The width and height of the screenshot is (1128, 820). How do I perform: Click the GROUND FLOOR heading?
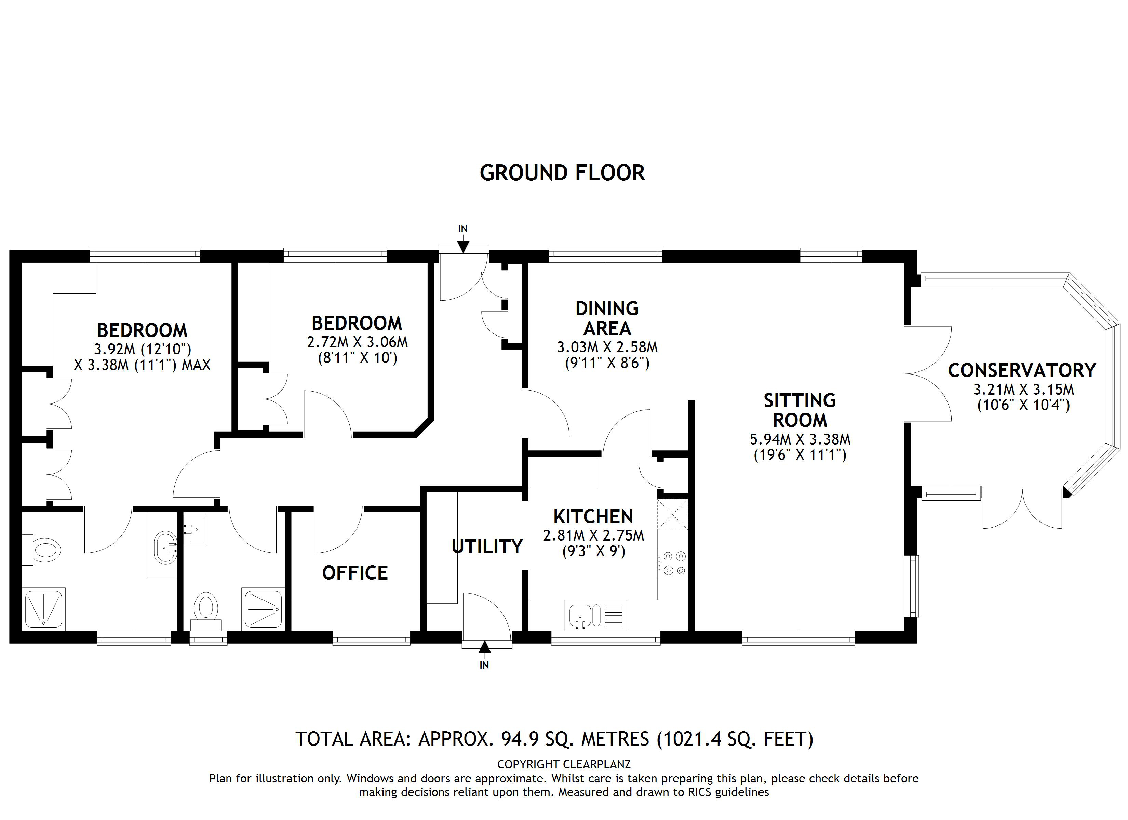point(562,173)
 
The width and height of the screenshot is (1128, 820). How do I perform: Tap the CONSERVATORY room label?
point(1022,370)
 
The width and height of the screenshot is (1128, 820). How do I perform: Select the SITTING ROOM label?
point(800,410)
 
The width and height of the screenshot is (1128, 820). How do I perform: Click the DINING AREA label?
point(607,318)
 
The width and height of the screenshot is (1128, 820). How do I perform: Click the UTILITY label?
point(487,547)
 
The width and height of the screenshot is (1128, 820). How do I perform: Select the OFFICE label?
point(354,573)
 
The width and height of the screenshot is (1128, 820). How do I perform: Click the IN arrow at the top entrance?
point(462,245)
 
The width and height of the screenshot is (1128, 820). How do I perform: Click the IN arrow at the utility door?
point(484,646)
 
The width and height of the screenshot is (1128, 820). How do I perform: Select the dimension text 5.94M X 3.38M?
point(800,439)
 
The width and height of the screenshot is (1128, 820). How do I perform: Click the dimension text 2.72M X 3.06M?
point(357,342)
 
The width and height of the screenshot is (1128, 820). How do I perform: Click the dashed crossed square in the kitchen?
point(672,515)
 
